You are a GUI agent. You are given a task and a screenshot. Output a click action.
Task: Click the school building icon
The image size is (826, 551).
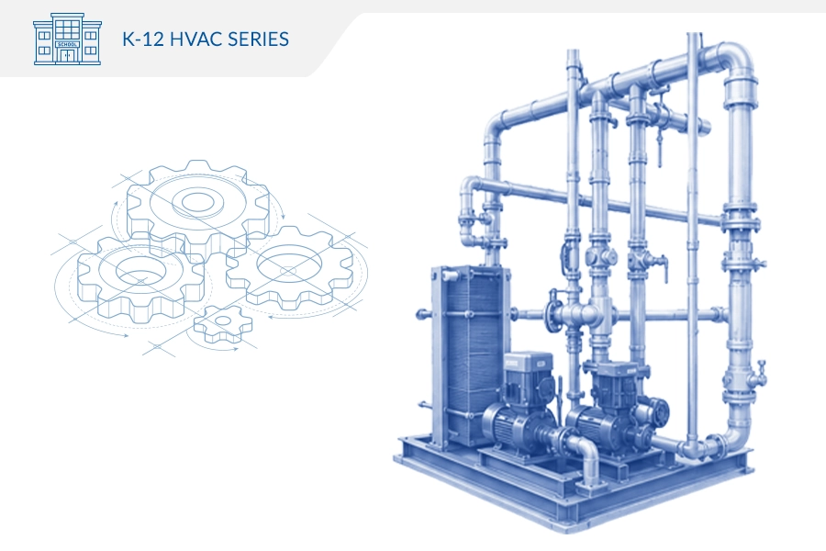point(67,39)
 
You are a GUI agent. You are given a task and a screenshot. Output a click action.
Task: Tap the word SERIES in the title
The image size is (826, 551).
point(258,39)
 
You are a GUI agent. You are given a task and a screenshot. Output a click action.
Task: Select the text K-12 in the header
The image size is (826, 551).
point(143,39)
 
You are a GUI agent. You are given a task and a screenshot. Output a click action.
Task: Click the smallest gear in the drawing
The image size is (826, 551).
point(223,323)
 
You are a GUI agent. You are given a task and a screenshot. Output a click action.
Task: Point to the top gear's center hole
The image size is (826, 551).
point(197,201)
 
